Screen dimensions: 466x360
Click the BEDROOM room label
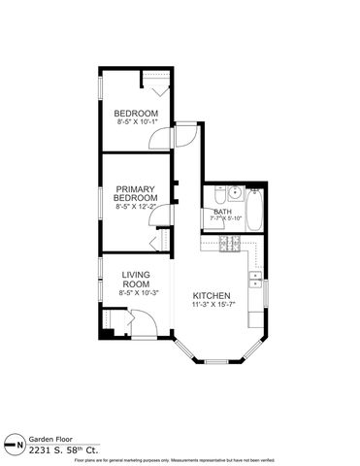(137, 112)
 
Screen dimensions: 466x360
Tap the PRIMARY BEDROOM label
(137, 193)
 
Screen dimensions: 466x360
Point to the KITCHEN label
(212, 295)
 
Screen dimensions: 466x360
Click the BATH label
(223, 212)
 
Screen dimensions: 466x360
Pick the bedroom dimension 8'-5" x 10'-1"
(137, 122)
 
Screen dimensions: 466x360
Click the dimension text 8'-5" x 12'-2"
(137, 207)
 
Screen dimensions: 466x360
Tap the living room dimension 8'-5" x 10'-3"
(137, 292)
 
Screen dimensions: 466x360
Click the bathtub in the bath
(253, 210)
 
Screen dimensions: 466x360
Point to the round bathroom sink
(220, 192)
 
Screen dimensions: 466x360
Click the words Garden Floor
(48, 439)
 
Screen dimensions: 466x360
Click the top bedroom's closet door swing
(162, 84)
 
